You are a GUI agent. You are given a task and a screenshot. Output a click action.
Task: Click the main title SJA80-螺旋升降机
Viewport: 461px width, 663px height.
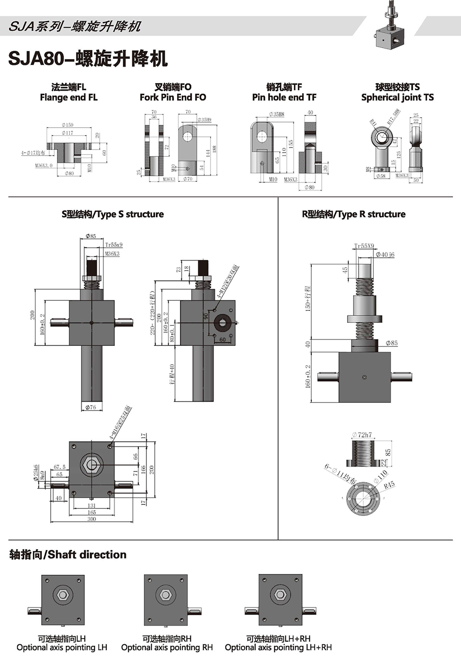click(88, 59)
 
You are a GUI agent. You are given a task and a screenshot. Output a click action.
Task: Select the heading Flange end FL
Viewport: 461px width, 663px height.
click(69, 98)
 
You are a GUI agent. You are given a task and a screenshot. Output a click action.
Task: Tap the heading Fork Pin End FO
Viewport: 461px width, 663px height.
click(173, 98)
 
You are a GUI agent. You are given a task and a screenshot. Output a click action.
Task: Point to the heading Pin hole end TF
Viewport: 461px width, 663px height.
click(284, 98)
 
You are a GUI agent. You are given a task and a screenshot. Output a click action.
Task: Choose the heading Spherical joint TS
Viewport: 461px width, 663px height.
click(397, 98)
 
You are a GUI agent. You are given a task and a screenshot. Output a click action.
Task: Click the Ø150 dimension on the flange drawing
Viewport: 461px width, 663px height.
click(67, 125)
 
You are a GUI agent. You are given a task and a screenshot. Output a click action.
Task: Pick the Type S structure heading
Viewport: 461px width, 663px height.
click(112, 214)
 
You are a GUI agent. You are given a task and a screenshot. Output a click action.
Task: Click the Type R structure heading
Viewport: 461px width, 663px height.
click(354, 214)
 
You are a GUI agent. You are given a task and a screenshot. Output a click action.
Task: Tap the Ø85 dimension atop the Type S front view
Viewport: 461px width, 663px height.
click(91, 236)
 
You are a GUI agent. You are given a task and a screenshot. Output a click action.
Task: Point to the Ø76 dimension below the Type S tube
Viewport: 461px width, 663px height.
click(91, 407)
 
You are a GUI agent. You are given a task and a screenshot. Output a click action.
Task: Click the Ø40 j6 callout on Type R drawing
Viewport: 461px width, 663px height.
click(385, 255)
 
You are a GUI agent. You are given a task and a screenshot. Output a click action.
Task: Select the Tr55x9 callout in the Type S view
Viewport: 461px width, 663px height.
click(114, 245)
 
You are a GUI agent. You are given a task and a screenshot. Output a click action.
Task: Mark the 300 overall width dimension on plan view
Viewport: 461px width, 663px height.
click(91, 519)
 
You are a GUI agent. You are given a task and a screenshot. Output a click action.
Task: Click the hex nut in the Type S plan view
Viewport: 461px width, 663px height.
click(92, 464)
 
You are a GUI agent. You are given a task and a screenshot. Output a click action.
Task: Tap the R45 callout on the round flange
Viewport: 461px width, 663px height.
click(389, 485)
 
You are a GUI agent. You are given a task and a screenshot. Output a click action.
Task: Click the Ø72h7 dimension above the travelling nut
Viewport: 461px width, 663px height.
click(362, 435)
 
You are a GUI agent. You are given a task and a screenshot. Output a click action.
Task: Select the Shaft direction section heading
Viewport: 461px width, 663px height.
click(68, 555)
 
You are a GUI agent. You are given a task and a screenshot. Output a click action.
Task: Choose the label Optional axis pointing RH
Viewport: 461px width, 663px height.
click(167, 648)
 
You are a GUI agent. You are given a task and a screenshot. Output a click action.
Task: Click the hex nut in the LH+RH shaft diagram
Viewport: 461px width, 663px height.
click(280, 595)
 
